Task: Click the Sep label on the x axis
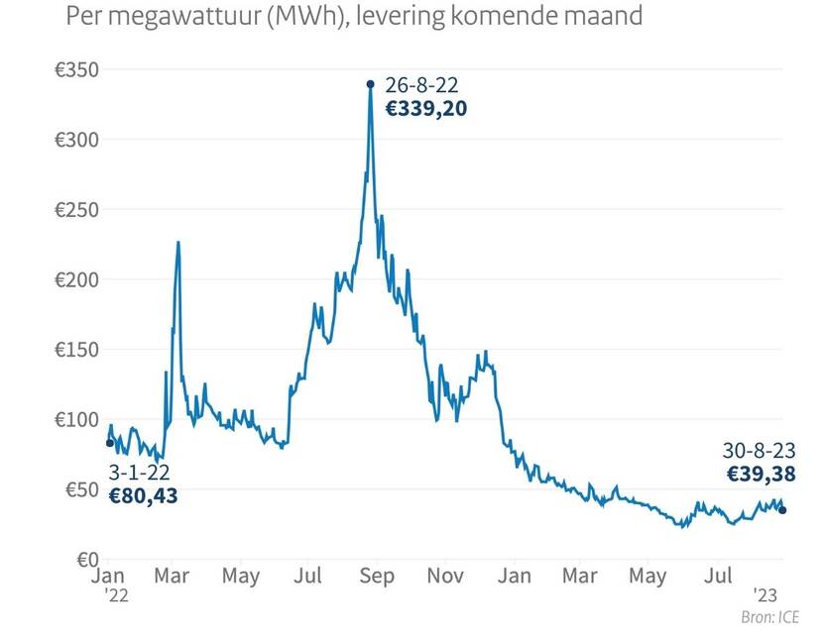375,576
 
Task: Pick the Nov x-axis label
446,576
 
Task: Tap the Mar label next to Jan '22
173,576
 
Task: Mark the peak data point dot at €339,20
370,84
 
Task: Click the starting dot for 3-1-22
109,443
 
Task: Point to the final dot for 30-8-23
782,510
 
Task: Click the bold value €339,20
425,109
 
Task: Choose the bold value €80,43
143,496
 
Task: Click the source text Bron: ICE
769,618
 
